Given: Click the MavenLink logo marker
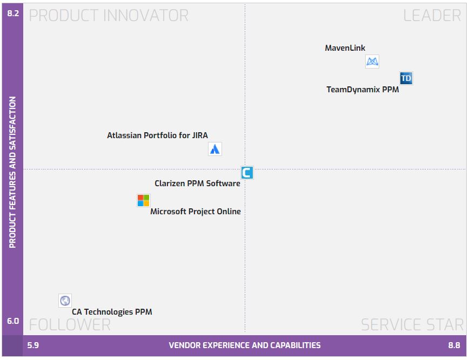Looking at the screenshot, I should pyautogui.click(x=372, y=62).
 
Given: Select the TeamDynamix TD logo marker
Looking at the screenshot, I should pyautogui.click(x=406, y=78).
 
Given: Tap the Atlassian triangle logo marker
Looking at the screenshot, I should pyautogui.click(x=215, y=149).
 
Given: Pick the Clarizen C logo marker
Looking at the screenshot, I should pyautogui.click(x=247, y=173).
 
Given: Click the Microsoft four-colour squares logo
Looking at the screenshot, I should pyautogui.click(x=143, y=200).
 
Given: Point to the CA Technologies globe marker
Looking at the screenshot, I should pyautogui.click(x=65, y=301).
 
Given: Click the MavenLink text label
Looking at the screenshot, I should pyautogui.click(x=345, y=48).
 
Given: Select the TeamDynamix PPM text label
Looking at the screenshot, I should pyautogui.click(x=362, y=90).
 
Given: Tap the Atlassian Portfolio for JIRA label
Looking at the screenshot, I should pyautogui.click(x=157, y=135).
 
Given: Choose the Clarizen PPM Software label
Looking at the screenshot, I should pyautogui.click(x=197, y=184).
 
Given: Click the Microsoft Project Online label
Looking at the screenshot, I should pyautogui.click(x=196, y=212).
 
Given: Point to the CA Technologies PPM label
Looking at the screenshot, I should pyautogui.click(x=112, y=311).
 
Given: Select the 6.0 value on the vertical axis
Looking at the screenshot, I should pyautogui.click(x=13, y=321).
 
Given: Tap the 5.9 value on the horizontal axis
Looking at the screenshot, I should pyautogui.click(x=33, y=345).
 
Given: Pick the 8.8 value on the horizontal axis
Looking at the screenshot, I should pyautogui.click(x=454, y=345).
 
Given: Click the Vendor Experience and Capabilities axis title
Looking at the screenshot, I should pyautogui.click(x=245, y=345).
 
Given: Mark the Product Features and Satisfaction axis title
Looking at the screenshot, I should pyautogui.click(x=13, y=172).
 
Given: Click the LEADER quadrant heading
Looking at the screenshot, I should pyautogui.click(x=432, y=16).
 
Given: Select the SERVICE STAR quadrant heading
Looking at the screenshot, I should pyautogui.click(x=412, y=324).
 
